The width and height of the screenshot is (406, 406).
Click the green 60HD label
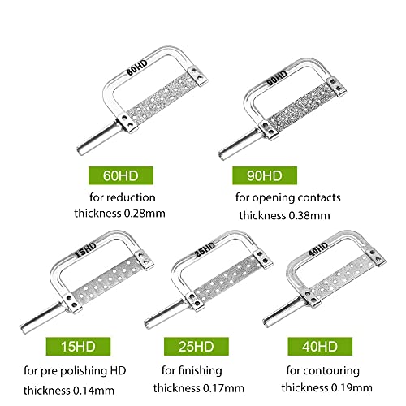pos(131,175)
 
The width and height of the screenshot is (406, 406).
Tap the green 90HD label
pos(267,175)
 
